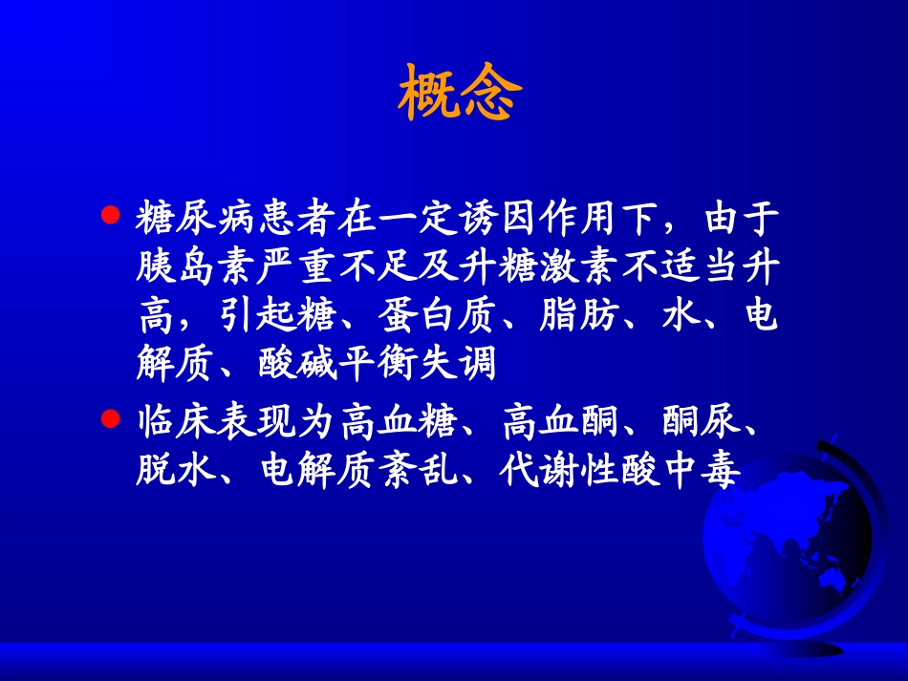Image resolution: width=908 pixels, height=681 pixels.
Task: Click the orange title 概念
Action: point(460,94)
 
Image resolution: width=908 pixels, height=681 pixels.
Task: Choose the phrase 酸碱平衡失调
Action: point(378,366)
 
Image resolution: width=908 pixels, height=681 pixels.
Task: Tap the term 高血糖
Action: point(397,422)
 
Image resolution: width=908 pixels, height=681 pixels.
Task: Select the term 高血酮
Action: point(558,422)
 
